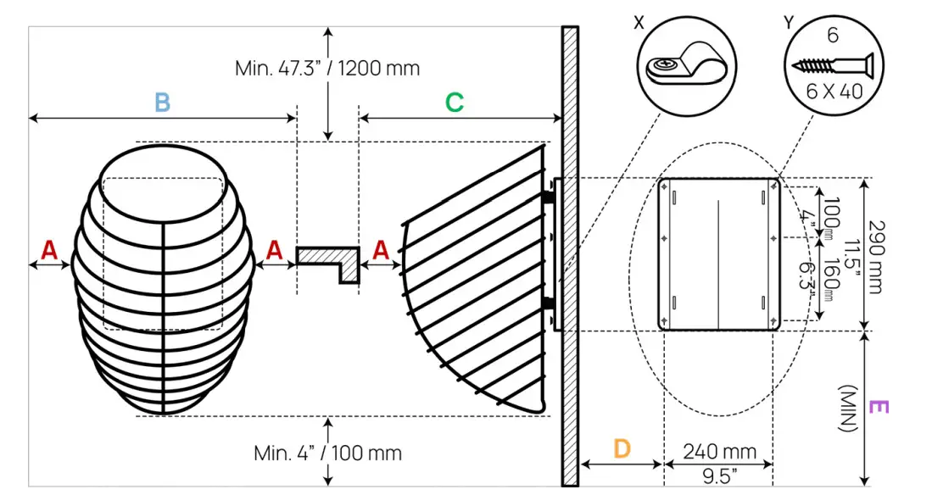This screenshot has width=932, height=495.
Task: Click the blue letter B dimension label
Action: point(162,103)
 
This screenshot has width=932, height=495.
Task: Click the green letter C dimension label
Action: point(455,103)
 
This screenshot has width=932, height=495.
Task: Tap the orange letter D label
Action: point(622,448)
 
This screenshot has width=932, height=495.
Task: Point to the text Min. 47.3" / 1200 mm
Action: point(327,68)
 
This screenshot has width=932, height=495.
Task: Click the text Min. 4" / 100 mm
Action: point(327,453)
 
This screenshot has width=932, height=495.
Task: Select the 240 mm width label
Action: point(719,452)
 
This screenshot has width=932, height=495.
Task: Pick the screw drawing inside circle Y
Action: point(832,64)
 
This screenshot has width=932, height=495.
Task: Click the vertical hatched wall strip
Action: point(570,254)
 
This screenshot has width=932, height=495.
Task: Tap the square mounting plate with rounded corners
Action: point(719,254)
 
